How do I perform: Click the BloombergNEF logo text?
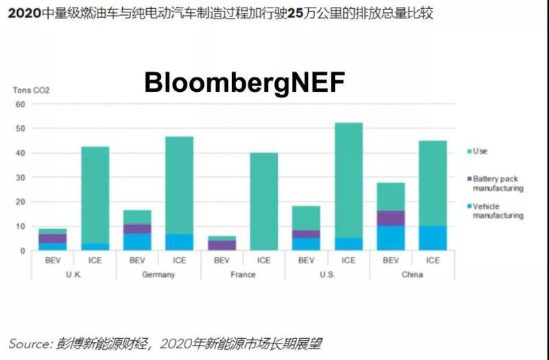coord(244,82)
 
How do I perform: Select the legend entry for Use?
coord(480,151)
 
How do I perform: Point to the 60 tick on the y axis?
coord(20,104)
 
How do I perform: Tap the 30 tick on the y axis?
coord(20,178)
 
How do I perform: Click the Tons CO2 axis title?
coord(32,90)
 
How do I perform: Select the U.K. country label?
coord(73,274)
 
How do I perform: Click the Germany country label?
coord(159,274)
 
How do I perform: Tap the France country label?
coord(243,274)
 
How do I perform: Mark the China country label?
coord(412,274)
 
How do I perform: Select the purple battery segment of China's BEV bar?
coord(390,218)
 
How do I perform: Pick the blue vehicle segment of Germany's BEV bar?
coord(137,242)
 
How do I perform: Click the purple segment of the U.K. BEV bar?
coord(53,238)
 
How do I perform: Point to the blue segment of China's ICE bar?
coord(433,238)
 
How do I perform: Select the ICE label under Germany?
coord(179,261)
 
